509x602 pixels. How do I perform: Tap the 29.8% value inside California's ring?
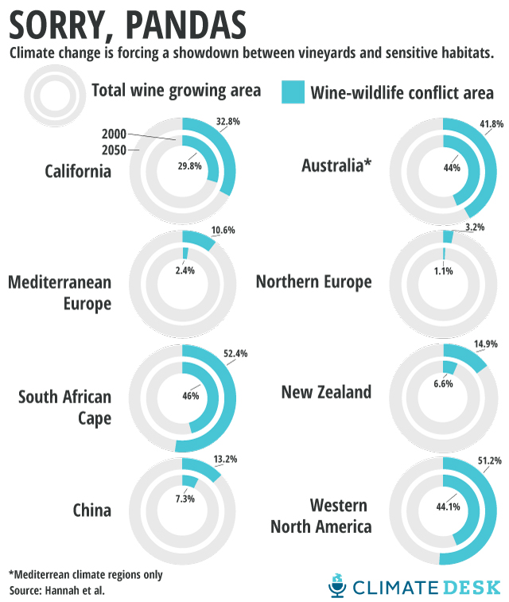coord(188,166)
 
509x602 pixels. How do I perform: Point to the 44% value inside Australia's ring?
coord(452,167)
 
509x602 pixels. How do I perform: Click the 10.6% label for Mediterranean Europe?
coord(224,231)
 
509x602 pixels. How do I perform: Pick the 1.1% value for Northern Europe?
coord(444,270)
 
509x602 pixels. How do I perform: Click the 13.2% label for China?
coord(225,459)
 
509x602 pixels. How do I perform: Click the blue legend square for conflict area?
coord(293,91)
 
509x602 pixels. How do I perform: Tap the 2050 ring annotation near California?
coord(115,148)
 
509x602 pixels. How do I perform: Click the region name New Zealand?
coord(326,391)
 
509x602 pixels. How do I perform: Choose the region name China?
coord(92,510)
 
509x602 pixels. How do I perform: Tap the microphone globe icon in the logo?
coord(338,586)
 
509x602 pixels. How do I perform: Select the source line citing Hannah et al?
coord(57,590)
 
